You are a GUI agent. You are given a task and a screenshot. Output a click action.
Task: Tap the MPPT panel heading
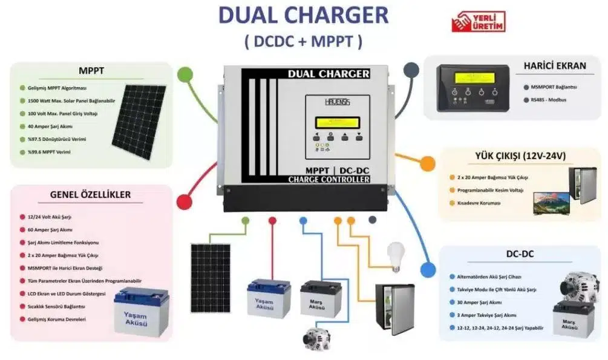coord(91,71)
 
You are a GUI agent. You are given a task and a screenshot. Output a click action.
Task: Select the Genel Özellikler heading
coord(91,195)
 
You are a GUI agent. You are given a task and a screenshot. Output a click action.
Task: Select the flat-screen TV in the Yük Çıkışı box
coord(551,203)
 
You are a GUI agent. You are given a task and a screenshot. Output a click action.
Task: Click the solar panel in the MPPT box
coord(139,122)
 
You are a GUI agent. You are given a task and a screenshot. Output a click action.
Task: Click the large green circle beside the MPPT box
coord(185,75)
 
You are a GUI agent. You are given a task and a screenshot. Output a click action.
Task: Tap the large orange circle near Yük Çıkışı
coord(427,162)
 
